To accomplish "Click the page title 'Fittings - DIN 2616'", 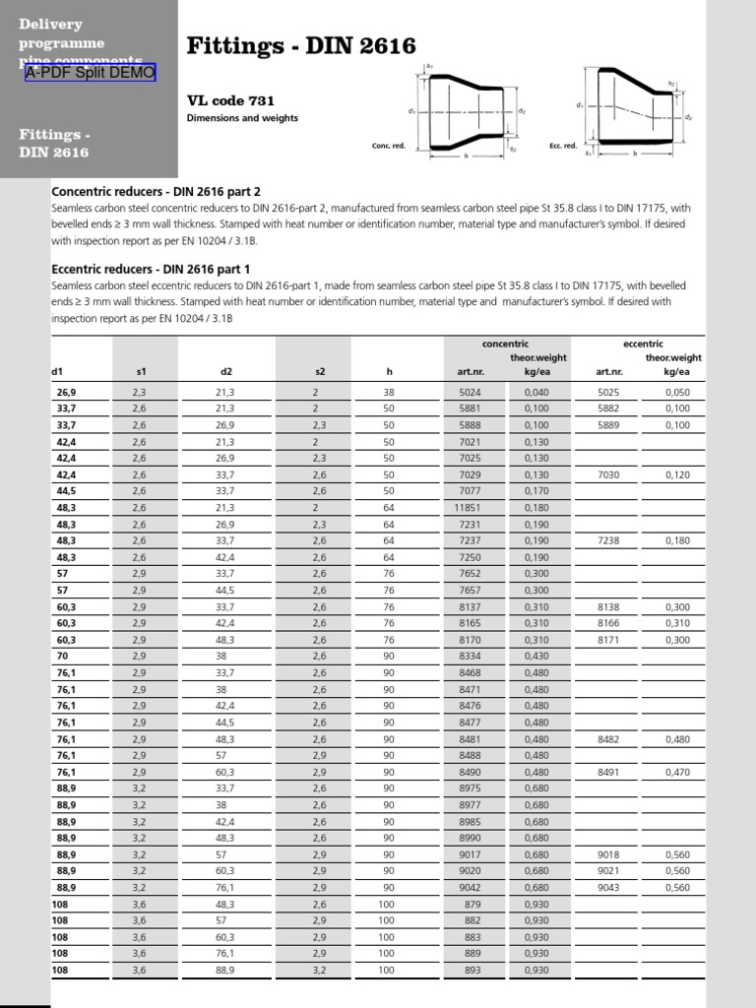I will click(301, 45).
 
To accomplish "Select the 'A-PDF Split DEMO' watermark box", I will click(91, 73).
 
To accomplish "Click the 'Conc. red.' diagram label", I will click(389, 146).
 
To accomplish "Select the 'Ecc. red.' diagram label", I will click(561, 146).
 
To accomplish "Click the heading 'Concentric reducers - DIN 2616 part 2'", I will click(156, 191).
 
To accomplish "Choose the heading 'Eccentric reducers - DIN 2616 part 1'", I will click(151, 269).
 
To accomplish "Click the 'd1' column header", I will click(57, 371).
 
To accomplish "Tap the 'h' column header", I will click(389, 371).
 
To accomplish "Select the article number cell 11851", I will click(467, 507).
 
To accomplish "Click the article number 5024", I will click(469, 392).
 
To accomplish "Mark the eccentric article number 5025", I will click(608, 392).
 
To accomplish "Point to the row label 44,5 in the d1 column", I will click(66, 490).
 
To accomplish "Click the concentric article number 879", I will click(472, 904).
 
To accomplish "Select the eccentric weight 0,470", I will click(677, 772).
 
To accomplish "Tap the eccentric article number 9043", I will click(608, 887).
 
